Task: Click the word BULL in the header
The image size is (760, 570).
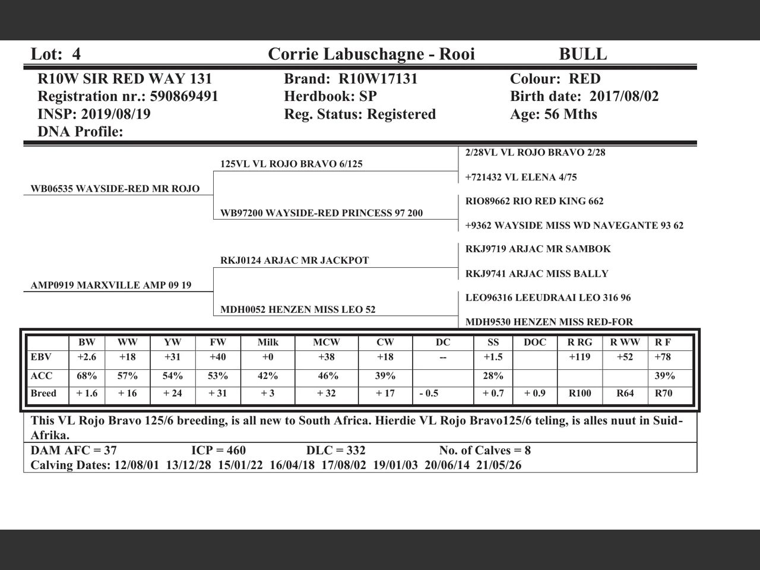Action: coord(582,55)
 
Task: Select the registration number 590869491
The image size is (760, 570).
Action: coord(184,97)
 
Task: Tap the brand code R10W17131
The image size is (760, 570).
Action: coord(378,79)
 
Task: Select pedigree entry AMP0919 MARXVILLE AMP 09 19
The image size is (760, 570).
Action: coord(111,286)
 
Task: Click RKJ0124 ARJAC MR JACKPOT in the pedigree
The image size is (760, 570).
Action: coord(294,261)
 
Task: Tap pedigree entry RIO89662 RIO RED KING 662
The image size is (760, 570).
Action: coord(534,201)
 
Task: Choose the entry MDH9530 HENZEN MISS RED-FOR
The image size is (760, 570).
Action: coord(549,322)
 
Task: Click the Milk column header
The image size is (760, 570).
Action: coord(268,343)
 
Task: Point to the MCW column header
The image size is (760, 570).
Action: coord(327,343)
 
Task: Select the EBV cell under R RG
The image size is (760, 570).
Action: coord(579,357)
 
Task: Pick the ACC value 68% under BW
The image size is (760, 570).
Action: coord(87,376)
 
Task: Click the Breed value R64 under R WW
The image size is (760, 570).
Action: coord(625,394)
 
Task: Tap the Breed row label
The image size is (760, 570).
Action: coord(43,394)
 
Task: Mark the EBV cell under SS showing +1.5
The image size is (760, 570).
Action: coord(493,357)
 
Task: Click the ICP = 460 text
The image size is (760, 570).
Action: coord(218,451)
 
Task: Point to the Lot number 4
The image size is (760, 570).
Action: coord(76,55)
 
